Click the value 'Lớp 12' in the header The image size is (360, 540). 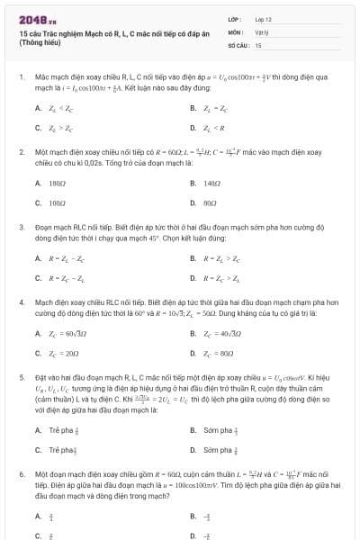pyautogui.click(x=263, y=18)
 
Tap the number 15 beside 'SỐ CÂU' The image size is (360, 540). pyautogui.click(x=258, y=44)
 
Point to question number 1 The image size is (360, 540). pyautogui.click(x=21, y=78)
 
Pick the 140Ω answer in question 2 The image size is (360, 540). pyautogui.click(x=211, y=183)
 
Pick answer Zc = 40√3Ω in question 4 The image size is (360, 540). pyautogui.click(x=220, y=334)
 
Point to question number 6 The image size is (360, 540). pyautogui.click(x=21, y=472)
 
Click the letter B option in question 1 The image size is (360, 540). pyautogui.click(x=193, y=108)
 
